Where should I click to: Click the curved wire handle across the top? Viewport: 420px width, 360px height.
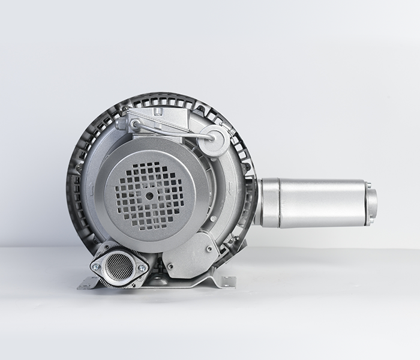pos(174,127)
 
